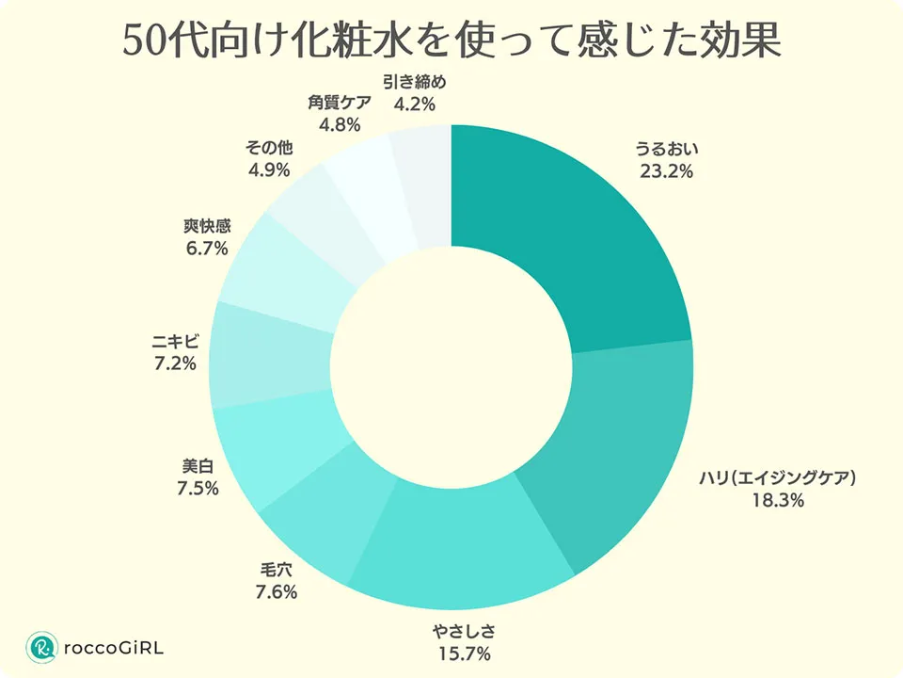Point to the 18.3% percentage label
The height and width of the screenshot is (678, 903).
point(777,501)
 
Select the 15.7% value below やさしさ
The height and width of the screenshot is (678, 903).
point(462,652)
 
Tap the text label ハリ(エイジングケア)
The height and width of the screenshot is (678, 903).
point(777,477)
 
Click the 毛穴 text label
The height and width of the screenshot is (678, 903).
point(277,569)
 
